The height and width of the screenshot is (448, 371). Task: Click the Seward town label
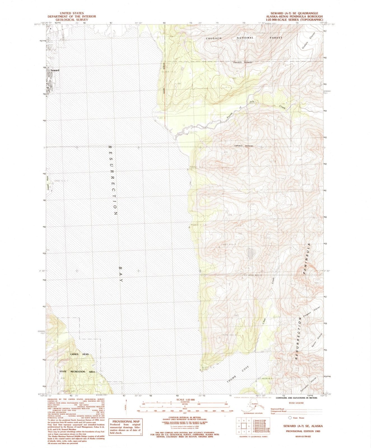(x=55, y=70)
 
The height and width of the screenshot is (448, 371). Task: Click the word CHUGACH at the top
(x=214, y=38)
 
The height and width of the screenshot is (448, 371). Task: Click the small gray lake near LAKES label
(x=251, y=253)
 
